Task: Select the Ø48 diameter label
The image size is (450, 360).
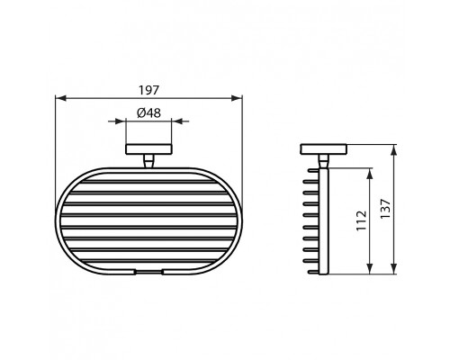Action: tap(148, 113)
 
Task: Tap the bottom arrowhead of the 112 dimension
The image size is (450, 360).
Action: tap(370, 271)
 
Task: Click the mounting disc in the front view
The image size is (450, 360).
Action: tap(148, 150)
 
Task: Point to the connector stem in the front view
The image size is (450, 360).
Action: tap(148, 162)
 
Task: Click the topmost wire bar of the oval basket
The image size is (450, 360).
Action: tap(148, 181)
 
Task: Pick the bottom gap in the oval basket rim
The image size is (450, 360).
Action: tap(148, 271)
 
